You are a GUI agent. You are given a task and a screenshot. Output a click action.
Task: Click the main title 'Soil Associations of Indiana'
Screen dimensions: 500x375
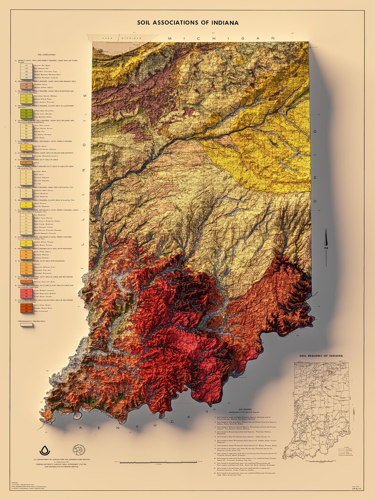pos(187,22)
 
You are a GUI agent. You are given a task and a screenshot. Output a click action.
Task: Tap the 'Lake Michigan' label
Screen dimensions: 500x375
pos(117,37)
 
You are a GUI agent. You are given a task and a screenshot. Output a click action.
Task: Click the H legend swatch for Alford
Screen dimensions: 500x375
pos(27,162)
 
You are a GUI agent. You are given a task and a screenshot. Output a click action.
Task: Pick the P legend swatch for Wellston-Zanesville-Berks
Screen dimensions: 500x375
pos(27,281)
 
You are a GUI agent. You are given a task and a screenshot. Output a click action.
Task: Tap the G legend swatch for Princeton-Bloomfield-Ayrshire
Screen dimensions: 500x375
pos(27,155)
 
